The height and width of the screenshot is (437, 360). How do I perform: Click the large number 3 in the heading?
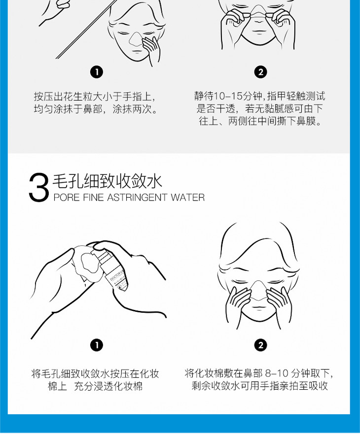point(39,187)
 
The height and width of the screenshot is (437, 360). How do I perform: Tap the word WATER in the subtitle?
point(188,198)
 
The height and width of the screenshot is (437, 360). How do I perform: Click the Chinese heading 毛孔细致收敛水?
point(108,181)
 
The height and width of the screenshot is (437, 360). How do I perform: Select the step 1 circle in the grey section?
point(97,72)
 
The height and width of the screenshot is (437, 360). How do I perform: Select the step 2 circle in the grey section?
point(260,72)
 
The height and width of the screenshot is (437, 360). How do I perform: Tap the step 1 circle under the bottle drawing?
point(97,345)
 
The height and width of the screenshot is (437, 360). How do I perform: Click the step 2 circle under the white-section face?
point(261,345)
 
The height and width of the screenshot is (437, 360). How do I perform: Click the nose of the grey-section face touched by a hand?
point(136,39)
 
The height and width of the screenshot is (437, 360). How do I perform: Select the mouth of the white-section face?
point(259,307)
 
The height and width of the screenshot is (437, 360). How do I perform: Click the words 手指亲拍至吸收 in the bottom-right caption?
point(294,386)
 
